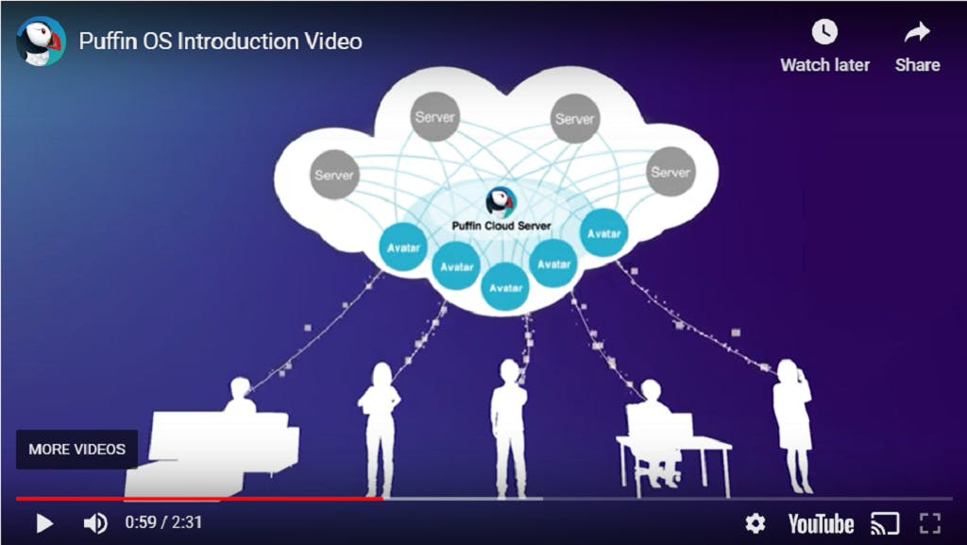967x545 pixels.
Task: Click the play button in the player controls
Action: (x=44, y=523)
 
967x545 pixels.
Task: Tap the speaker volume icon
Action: (x=94, y=523)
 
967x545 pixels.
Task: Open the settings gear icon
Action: (x=755, y=523)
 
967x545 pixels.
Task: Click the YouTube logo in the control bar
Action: (x=821, y=523)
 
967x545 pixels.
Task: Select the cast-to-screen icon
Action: (x=885, y=523)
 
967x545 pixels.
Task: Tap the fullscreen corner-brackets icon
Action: (x=930, y=523)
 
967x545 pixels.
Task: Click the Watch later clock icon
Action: (x=824, y=32)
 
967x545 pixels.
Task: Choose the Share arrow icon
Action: (x=917, y=33)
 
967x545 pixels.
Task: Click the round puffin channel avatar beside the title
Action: (x=41, y=42)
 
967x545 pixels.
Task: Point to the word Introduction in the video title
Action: (x=238, y=42)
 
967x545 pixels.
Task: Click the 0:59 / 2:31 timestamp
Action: (x=163, y=522)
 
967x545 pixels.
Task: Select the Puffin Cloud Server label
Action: (x=500, y=226)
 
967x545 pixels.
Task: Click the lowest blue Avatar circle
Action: (x=505, y=286)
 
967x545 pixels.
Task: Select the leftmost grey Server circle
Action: (x=334, y=175)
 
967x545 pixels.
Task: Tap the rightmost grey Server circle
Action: (x=670, y=172)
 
